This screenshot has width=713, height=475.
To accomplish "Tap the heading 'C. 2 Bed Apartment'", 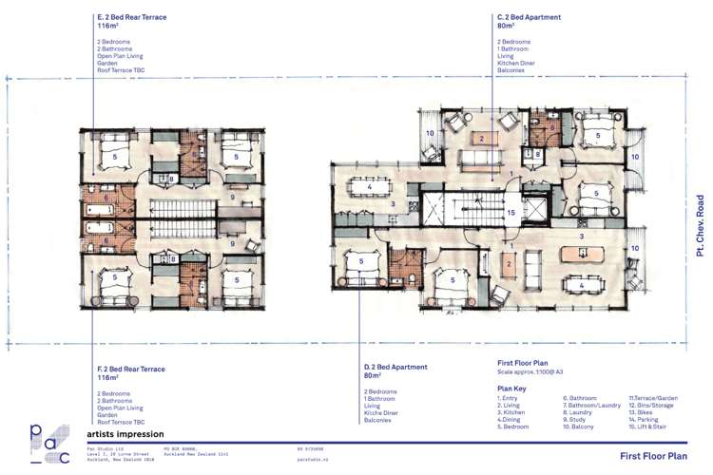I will (x=529, y=17).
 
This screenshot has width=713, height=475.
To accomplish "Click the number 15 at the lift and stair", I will (x=511, y=213).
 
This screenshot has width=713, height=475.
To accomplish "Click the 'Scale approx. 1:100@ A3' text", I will (x=534, y=371).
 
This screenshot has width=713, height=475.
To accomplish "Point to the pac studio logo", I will (x=48, y=444).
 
